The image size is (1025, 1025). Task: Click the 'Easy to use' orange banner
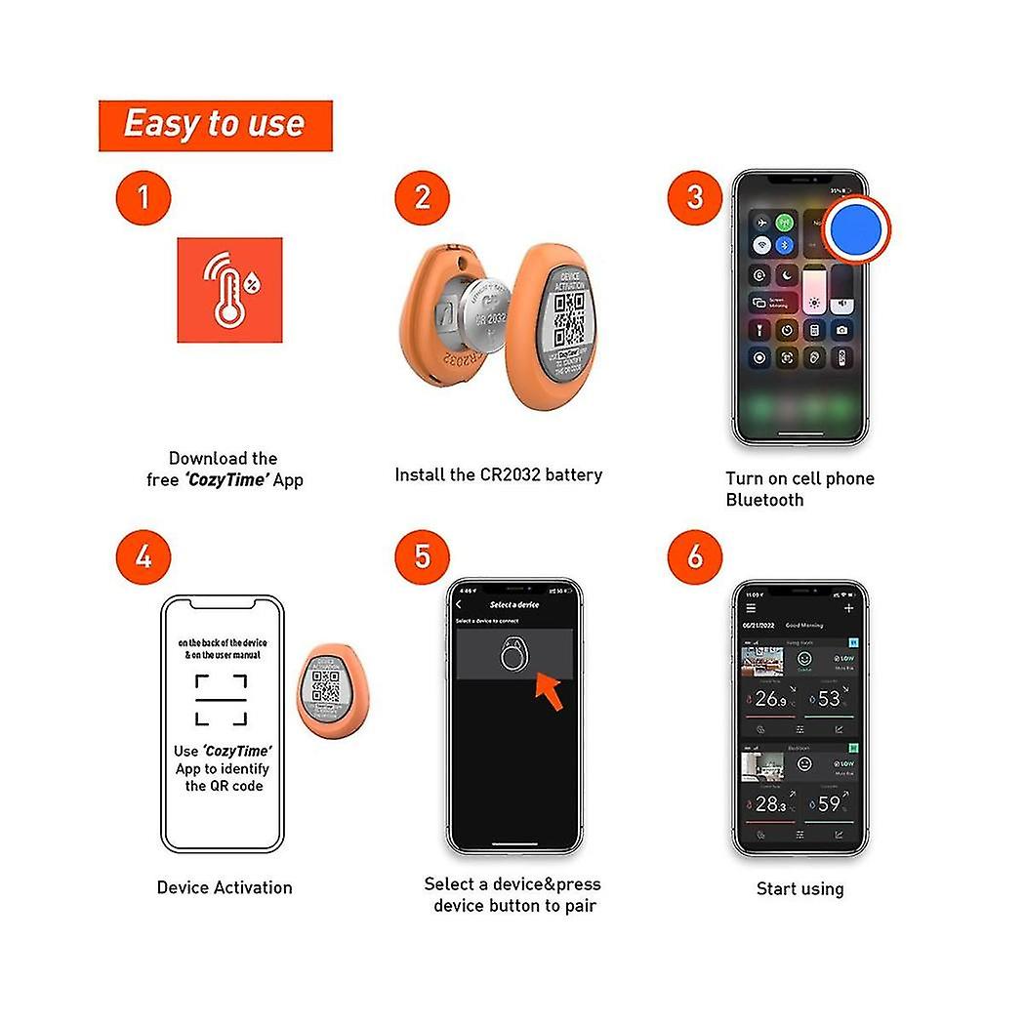tap(215, 125)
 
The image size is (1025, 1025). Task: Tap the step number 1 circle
tap(143, 197)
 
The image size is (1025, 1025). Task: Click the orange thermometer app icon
tap(229, 290)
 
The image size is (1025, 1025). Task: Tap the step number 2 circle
tap(422, 197)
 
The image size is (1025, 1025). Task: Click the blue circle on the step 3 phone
tap(856, 227)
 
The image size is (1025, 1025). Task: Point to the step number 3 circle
tap(694, 197)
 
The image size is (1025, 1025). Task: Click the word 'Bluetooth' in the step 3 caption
tap(764, 500)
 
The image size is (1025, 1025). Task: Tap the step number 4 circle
tap(143, 556)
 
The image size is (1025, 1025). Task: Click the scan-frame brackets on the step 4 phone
tap(221, 699)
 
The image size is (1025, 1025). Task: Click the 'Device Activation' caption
tap(225, 887)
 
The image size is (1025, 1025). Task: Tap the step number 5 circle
tap(422, 556)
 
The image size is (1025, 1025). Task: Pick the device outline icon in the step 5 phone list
tap(514, 654)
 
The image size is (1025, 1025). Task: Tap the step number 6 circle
tap(694, 556)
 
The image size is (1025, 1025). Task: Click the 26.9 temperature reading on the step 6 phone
tap(770, 699)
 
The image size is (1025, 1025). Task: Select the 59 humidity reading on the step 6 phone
tap(828, 804)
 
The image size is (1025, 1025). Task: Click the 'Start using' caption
tap(799, 888)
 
